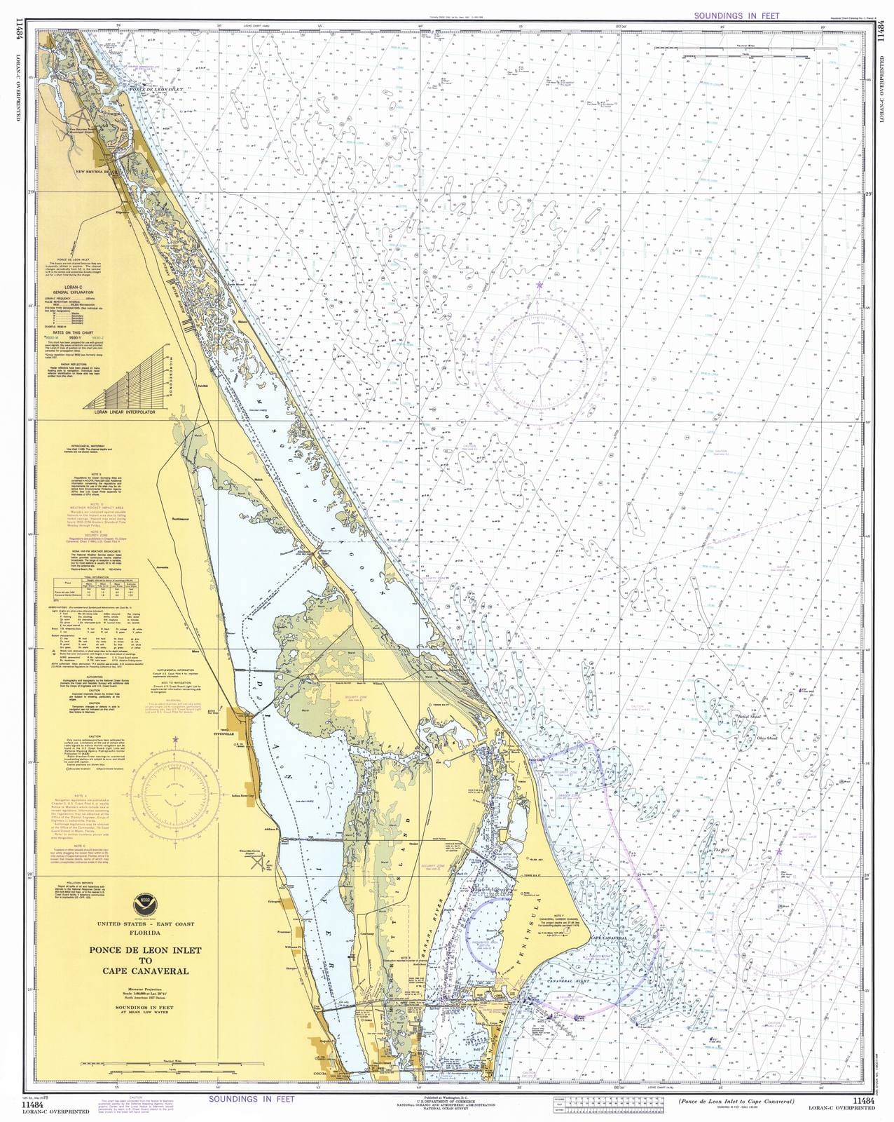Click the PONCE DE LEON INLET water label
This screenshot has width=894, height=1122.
(x=153, y=89)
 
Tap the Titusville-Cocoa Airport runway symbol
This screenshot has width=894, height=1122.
(x=265, y=865)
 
